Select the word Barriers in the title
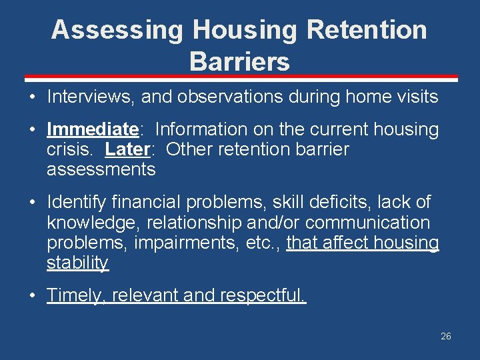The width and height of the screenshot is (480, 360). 239,61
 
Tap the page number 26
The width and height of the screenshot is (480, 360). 445,336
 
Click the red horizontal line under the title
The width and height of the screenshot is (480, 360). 240,78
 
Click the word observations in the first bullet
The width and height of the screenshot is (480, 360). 225,97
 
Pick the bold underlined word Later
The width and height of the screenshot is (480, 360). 125,149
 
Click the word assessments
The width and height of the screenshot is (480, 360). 101,169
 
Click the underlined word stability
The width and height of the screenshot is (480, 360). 77,263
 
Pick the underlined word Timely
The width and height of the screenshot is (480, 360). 76,295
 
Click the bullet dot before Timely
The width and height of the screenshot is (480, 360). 32,295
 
